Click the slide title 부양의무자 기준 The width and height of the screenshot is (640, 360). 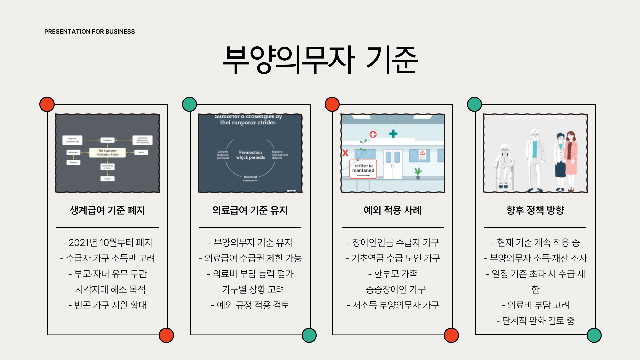click(320, 60)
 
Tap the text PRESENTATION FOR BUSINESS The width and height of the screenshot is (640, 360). click(89, 32)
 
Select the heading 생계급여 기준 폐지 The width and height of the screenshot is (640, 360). click(107, 210)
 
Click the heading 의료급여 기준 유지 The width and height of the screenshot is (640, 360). click(250, 210)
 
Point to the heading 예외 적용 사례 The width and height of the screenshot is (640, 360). click(393, 210)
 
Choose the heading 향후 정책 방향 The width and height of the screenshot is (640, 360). click(535, 210)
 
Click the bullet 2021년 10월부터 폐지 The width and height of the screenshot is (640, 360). click(107, 242)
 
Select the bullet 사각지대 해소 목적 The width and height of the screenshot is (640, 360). click(107, 289)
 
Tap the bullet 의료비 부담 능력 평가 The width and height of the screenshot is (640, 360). click(250, 274)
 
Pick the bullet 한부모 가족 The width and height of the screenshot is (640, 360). click(393, 274)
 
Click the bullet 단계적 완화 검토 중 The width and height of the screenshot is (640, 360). click(535, 321)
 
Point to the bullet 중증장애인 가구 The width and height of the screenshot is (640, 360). click(393, 289)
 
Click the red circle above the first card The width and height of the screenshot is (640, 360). click(47, 104)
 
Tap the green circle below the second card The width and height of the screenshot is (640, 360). click(309, 335)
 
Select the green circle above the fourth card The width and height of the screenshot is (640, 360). click(474, 104)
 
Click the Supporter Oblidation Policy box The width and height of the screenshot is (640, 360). click(107, 153)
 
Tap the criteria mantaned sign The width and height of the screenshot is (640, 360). click(363, 169)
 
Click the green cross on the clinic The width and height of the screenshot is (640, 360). click(393, 134)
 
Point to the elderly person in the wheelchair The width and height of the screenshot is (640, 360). click(505, 167)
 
